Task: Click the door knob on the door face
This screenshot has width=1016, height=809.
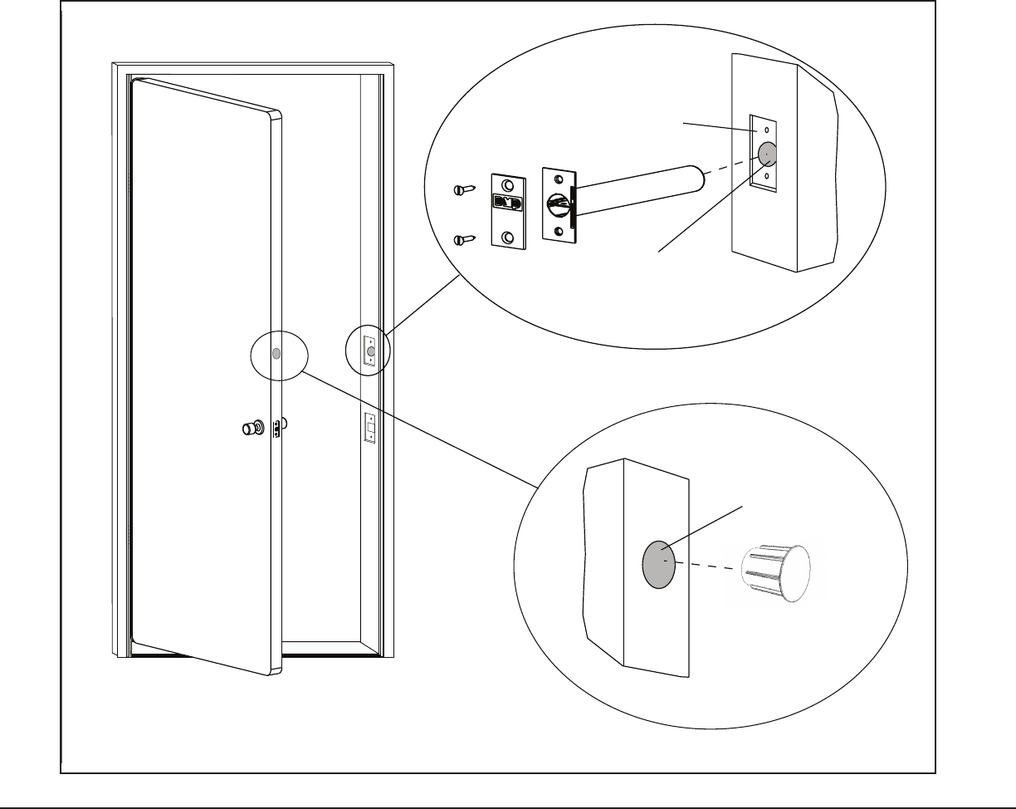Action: coord(249,429)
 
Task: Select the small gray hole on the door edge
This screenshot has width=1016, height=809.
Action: coord(276,354)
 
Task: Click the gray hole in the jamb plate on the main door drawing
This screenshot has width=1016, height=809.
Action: coord(370,351)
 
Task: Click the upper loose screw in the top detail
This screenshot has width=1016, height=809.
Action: coord(465,189)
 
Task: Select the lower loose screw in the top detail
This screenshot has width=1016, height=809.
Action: coord(465,240)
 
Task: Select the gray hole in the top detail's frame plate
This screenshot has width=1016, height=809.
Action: coord(766,153)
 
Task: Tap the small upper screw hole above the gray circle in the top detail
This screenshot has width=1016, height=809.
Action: coord(767,130)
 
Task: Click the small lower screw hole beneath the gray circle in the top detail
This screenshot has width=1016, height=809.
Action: coord(767,177)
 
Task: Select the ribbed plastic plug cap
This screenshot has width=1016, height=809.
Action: coord(773,573)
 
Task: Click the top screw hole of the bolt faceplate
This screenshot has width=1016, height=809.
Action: coord(559,179)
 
